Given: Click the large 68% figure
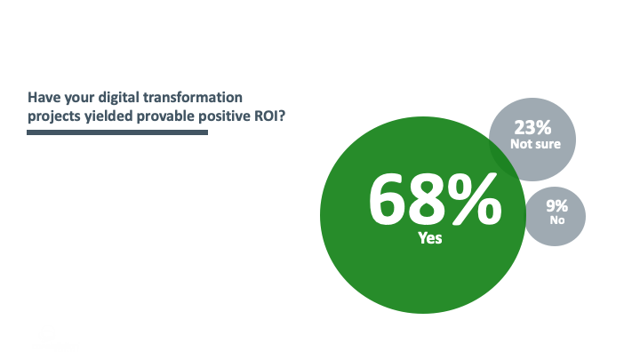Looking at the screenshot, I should point(434,200).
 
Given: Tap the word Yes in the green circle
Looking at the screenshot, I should point(430,238).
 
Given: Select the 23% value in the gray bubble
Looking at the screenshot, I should point(533,127).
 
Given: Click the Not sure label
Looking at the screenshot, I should point(534,143).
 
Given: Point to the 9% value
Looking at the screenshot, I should point(558,206).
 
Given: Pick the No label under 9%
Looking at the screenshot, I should point(557,220).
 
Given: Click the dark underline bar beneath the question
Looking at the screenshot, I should point(117,132).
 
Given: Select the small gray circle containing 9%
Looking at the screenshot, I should point(556,214).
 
